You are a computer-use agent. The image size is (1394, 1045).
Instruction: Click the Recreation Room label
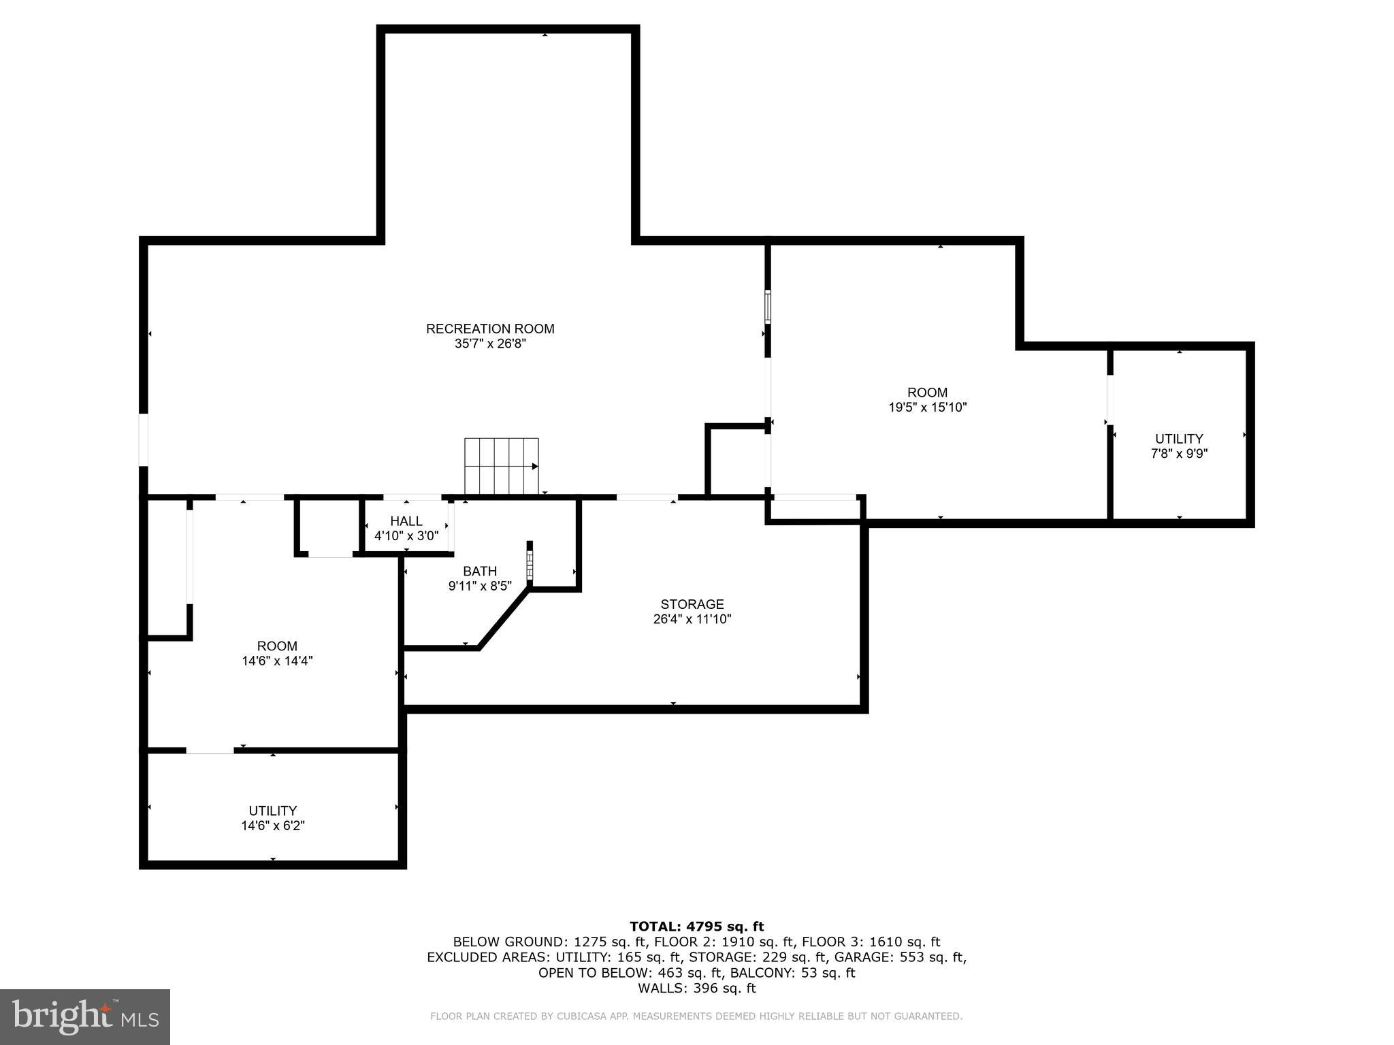(490, 329)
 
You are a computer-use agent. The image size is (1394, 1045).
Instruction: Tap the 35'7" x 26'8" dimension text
(490, 344)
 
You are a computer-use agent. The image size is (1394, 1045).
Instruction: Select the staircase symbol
(502, 466)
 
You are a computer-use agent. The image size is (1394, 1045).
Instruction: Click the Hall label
(406, 521)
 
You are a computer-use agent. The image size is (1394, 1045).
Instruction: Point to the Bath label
(480, 571)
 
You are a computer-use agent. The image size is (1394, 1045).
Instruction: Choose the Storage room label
(692, 604)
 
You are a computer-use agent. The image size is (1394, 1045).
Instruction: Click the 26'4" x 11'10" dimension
(692, 619)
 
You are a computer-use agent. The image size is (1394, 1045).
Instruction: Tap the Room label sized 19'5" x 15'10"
(927, 393)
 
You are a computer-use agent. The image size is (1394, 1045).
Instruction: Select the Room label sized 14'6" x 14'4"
(277, 646)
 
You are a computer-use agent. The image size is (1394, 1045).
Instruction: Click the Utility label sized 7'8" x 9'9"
(1179, 439)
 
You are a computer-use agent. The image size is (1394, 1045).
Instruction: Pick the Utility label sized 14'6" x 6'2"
(272, 811)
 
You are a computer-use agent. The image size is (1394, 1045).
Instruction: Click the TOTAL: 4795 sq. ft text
(696, 927)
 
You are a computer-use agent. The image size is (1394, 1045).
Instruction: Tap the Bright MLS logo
(84, 1016)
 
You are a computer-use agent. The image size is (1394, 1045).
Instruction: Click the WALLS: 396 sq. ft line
(696, 989)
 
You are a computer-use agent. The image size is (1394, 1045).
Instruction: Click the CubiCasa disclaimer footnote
(696, 1016)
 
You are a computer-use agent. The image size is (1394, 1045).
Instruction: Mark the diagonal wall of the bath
(504, 619)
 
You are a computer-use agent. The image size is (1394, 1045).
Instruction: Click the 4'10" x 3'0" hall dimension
(406, 536)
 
